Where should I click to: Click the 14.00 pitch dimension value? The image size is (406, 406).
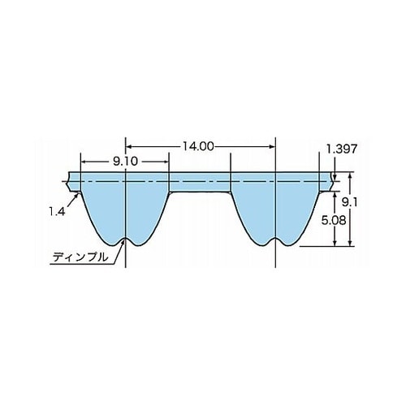pyautogui.click(x=198, y=147)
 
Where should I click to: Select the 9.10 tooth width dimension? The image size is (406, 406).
pyautogui.click(x=125, y=162)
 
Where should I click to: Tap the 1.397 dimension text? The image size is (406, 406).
pyautogui.click(x=341, y=149)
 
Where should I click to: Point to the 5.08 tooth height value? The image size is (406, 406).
pyautogui.click(x=334, y=221)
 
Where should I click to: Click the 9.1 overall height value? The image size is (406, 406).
pyautogui.click(x=349, y=202)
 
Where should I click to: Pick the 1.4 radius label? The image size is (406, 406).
pyautogui.click(x=57, y=211)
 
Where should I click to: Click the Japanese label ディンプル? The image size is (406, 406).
pyautogui.click(x=80, y=257)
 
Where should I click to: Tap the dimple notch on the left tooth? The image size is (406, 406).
pyautogui.click(x=126, y=240)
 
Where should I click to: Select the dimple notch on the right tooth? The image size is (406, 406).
pyautogui.click(x=275, y=240)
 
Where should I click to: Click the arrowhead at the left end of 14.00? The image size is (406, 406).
pyautogui.click(x=129, y=147)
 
